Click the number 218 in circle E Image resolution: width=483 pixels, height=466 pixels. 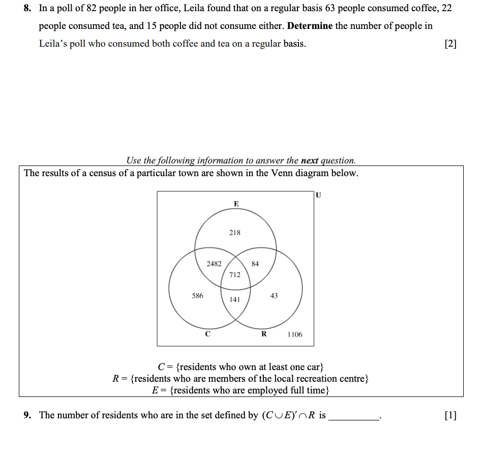(234, 232)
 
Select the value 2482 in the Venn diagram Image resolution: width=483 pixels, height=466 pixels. (214, 263)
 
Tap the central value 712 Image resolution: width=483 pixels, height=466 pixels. (234, 275)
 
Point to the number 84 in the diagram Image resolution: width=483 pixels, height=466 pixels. (255, 263)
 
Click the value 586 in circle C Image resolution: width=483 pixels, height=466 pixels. (197, 295)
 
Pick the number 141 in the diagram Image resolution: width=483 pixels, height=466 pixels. (234, 299)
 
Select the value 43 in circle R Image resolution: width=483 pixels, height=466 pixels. (274, 295)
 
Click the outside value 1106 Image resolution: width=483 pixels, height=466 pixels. (294, 335)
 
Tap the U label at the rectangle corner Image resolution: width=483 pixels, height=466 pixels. (319, 194)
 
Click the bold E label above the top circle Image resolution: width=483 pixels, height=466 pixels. (236, 204)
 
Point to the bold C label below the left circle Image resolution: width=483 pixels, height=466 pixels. (207, 334)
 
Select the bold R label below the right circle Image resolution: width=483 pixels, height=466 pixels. (263, 334)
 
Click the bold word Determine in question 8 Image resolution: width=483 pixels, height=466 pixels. (310, 26)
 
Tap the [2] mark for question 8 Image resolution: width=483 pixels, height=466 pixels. (450, 44)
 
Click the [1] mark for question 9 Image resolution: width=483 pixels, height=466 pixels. (450, 415)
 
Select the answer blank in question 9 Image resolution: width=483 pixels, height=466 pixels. (353, 416)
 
